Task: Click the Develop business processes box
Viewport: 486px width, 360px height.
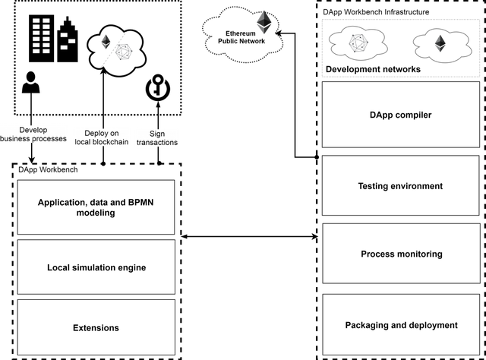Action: coord(33,134)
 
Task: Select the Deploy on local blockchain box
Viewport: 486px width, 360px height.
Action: coord(101,137)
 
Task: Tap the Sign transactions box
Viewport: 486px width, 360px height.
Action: coord(157,137)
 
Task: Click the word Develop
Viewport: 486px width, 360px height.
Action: coord(33,130)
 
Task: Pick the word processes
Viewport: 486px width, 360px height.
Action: coord(51,139)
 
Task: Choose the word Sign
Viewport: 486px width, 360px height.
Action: coord(157,133)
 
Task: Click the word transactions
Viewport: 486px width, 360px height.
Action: coord(157,142)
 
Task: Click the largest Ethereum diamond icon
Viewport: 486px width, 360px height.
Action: coord(264,22)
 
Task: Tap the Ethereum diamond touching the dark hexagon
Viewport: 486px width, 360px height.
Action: coord(106,42)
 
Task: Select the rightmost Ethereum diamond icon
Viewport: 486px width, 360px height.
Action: coord(440,43)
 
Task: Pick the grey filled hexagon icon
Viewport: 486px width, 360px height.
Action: coord(358,43)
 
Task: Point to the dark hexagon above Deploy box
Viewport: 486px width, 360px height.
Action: coord(124,52)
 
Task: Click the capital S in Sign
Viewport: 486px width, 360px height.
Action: coord(152,133)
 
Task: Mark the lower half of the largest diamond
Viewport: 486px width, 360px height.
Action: coord(264,30)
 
